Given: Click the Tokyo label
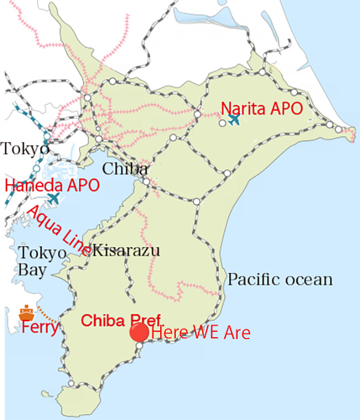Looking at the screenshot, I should pos(25,148).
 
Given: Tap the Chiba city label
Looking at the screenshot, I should pos(124,169).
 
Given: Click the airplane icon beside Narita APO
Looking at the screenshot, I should pos(235,119).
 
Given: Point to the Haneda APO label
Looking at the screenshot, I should pos(52,184).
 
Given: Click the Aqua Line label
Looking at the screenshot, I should pos(58,230).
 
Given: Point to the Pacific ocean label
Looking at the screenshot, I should pos(280,280).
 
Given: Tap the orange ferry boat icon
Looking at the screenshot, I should pos(26,313).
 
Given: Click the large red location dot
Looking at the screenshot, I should pos(140,332).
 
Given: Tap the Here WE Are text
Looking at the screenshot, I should pos(200,332).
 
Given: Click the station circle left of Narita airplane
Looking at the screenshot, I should pos(222,122).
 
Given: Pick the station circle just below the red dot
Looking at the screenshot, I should pos(139,346).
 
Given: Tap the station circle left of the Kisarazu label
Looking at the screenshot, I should pos(88,253).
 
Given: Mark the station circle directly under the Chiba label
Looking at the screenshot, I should pos(146,181).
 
